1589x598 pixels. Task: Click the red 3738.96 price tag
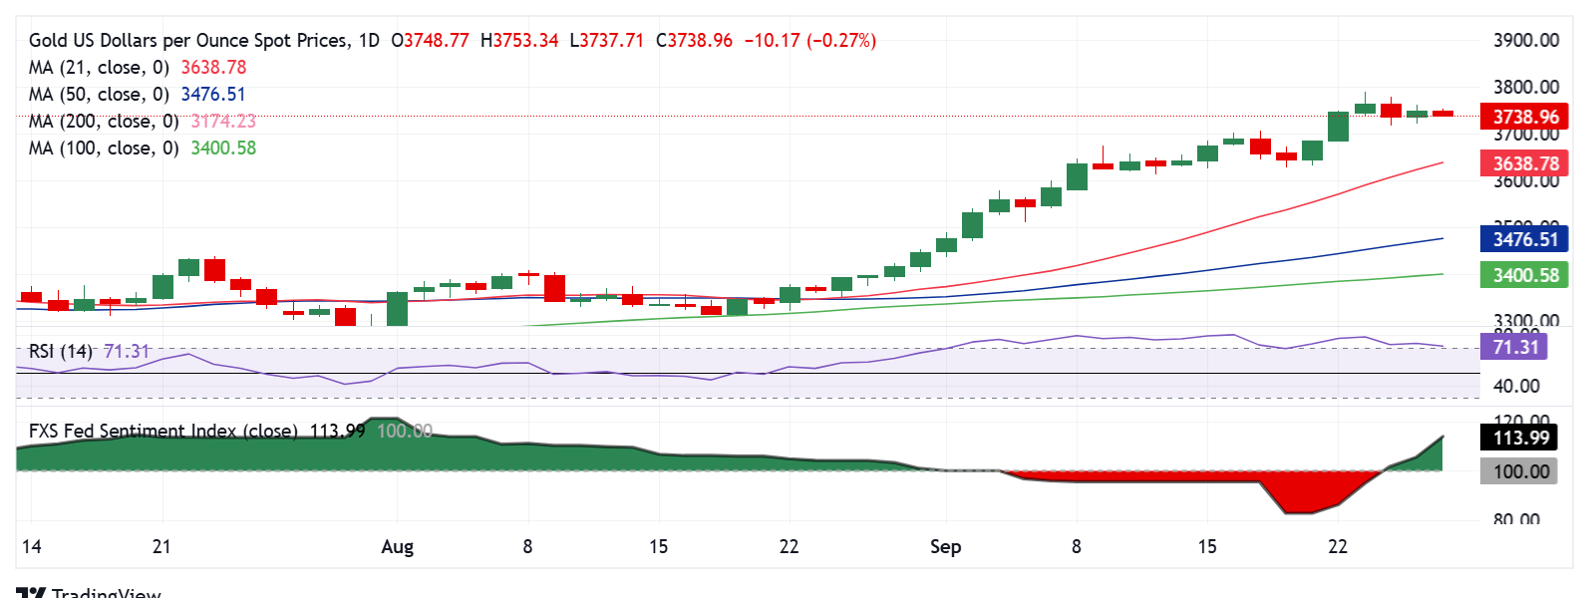(1524, 117)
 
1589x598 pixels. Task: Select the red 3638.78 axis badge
(1524, 163)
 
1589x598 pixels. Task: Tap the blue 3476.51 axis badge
(1524, 239)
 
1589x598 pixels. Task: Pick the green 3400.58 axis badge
(1524, 275)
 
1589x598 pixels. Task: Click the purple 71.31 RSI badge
(1515, 347)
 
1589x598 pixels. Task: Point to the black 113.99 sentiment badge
(1520, 438)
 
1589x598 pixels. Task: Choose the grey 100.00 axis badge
(1520, 471)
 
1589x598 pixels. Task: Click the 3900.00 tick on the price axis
(1525, 41)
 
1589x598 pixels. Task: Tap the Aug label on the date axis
(397, 547)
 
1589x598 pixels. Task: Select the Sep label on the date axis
(945, 547)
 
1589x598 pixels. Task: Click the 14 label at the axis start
(32, 547)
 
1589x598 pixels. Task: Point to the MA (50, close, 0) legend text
(99, 95)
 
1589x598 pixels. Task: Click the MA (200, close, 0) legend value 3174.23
(223, 122)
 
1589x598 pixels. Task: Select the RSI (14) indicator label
(61, 352)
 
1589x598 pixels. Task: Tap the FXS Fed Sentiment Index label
(162, 432)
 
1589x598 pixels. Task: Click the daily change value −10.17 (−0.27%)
(809, 41)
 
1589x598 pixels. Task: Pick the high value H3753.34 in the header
(519, 41)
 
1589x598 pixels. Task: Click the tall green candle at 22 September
(1338, 127)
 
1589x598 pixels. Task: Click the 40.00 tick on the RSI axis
(1515, 387)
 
